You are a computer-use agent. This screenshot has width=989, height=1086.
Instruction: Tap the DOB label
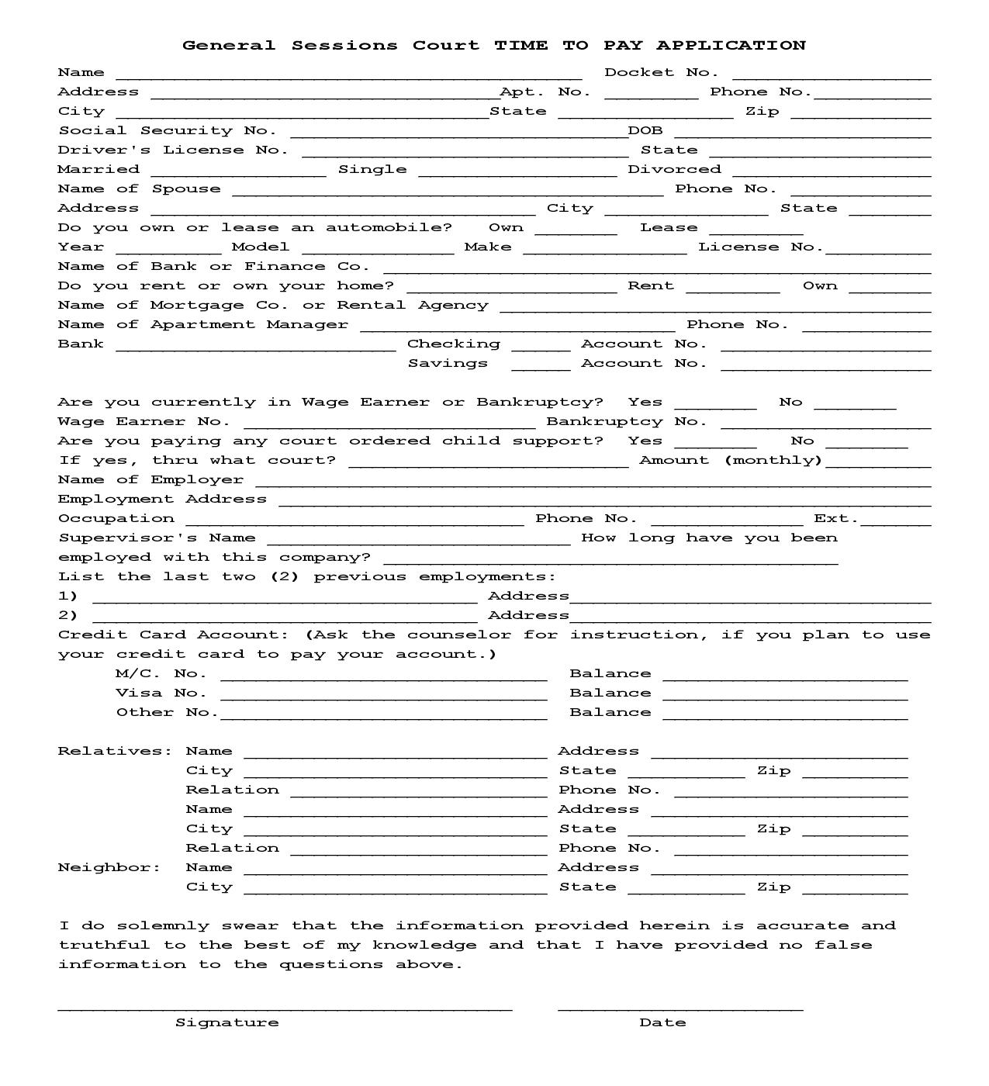pyautogui.click(x=645, y=131)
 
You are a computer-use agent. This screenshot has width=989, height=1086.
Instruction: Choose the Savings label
pyautogui.click(x=448, y=363)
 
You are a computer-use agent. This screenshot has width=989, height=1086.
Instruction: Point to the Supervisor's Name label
pyautogui.click(x=157, y=538)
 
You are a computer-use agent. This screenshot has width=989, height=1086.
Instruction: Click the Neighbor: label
pyautogui.click(x=109, y=867)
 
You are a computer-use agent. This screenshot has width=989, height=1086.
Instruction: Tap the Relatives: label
pyautogui.click(x=115, y=751)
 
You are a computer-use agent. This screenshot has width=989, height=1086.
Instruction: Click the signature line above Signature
pyautogui.click(x=285, y=1005)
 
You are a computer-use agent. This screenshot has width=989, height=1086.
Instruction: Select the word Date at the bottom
pyautogui.click(x=662, y=1022)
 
